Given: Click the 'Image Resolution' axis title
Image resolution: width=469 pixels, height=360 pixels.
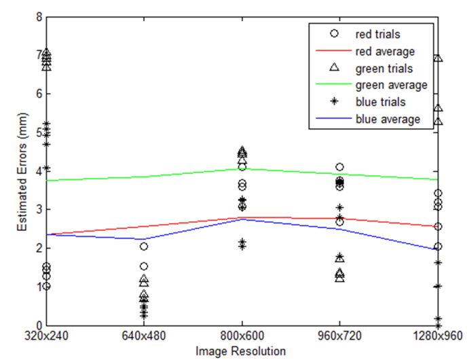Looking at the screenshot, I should pyautogui.click(x=242, y=351).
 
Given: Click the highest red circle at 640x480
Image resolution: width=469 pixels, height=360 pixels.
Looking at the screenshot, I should pyautogui.click(x=144, y=247).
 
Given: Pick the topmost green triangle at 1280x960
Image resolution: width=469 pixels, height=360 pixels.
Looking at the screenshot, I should pyautogui.click(x=438, y=58).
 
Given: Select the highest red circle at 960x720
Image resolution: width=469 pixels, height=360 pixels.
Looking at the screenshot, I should pyautogui.click(x=339, y=166).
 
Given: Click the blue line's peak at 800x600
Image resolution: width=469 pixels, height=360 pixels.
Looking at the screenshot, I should pyautogui.click(x=242, y=219).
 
